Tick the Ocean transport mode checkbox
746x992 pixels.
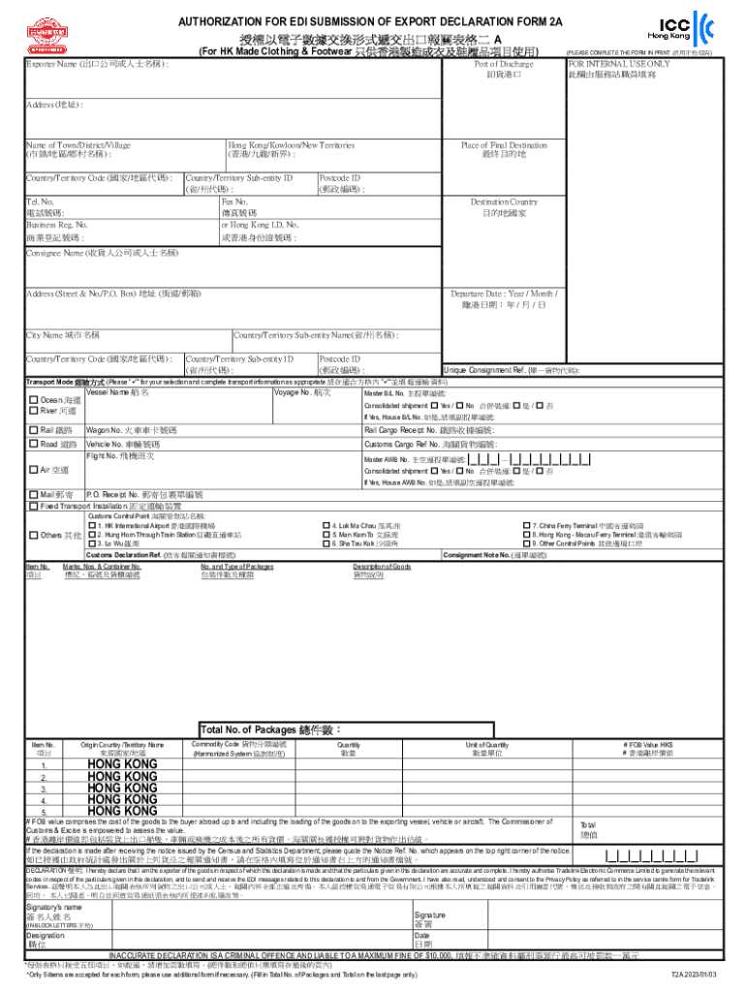tap(34, 399)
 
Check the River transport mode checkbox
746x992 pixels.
tap(34, 411)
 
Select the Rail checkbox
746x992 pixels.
tap(34, 430)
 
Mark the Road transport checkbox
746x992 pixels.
tap(34, 444)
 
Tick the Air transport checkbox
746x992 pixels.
tap(34, 470)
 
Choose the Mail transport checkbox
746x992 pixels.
tap(34, 494)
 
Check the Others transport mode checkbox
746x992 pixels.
tap(34, 535)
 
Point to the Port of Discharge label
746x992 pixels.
tap(504, 64)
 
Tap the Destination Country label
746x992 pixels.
tap(504, 202)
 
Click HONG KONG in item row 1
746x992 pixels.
tap(121, 764)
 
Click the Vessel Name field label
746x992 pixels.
tap(117, 392)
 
